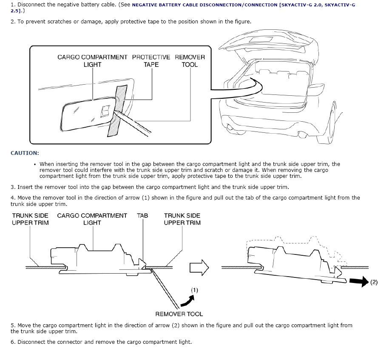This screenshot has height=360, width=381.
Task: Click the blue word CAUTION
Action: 25,153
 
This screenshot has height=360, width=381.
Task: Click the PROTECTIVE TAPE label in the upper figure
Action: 151,61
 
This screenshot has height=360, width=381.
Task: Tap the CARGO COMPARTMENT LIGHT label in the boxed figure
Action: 92,61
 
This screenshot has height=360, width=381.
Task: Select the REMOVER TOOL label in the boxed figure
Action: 190,61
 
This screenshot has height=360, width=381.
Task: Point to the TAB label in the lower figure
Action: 142,215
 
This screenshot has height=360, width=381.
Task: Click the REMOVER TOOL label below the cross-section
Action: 179,314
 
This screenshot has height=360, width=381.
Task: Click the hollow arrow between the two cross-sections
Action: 199,268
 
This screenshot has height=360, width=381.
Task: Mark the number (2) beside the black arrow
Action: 373,282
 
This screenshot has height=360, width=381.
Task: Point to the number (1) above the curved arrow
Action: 194,290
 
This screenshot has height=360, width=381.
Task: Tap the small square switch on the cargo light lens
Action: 105,111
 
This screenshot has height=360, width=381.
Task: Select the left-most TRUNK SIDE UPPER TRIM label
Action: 30,219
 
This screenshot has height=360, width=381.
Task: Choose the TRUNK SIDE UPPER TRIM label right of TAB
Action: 182,219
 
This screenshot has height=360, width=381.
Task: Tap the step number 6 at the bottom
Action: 13,342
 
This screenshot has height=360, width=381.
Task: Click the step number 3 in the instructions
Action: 13,187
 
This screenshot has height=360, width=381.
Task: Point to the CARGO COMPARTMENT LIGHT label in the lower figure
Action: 92,219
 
